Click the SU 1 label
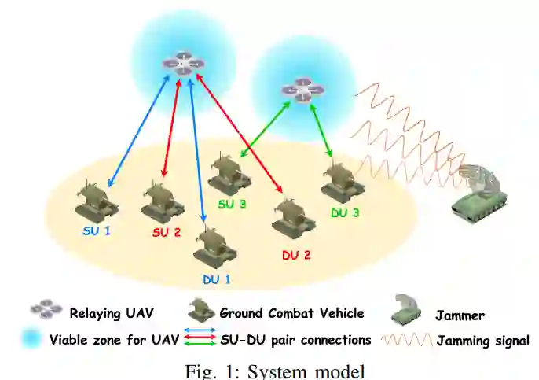98,232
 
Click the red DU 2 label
297,255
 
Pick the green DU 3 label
345,212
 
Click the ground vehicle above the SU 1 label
96,203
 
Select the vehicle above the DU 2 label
292,217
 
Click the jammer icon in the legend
407,312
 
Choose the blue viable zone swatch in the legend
32,339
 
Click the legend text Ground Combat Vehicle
291,313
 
